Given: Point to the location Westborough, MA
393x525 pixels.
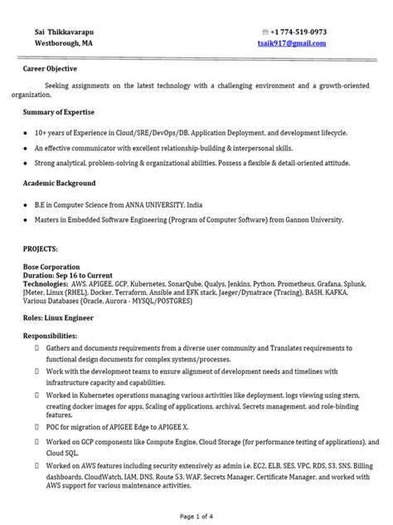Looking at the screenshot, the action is (x=59, y=43).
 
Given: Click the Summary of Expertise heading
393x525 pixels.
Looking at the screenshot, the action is (x=58, y=111).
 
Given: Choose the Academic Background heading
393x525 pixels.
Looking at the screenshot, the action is (x=58, y=183).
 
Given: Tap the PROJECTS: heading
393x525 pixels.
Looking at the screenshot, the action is (x=41, y=248).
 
